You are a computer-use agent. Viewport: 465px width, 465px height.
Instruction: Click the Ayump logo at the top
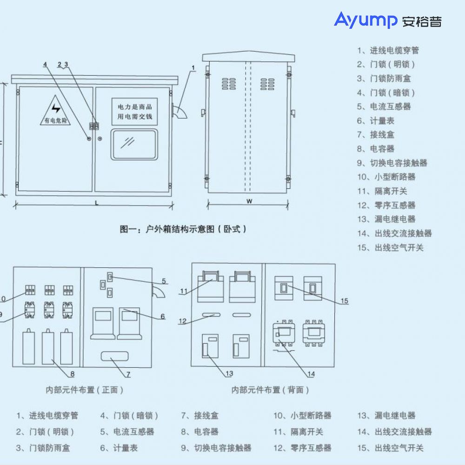coord(387,20)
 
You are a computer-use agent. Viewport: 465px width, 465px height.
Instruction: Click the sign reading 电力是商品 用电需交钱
coord(134,111)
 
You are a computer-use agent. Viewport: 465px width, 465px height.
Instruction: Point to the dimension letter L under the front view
coord(96,203)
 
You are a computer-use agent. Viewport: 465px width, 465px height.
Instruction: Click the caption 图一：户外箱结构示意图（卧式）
coord(183,229)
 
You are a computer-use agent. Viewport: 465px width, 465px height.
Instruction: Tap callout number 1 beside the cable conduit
coord(193,68)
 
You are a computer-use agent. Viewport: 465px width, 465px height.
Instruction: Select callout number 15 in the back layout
coord(344,301)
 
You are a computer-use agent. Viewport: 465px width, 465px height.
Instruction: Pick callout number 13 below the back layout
coord(229,373)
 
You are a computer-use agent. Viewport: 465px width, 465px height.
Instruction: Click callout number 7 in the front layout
coord(128,374)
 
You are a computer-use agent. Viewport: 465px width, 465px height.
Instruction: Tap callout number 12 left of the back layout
coord(183,321)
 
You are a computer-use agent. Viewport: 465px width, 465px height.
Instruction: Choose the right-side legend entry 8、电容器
coord(376,149)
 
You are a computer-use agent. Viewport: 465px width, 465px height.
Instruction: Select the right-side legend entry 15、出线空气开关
coord(391,248)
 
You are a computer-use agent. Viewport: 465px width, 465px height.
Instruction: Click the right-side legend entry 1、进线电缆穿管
coord(388,50)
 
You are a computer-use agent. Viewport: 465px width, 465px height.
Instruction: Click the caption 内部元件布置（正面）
coord(84,390)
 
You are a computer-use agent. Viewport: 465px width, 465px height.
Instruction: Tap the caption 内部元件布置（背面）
coord(270,390)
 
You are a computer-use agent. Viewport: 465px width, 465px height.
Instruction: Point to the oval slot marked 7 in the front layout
coord(114,357)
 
